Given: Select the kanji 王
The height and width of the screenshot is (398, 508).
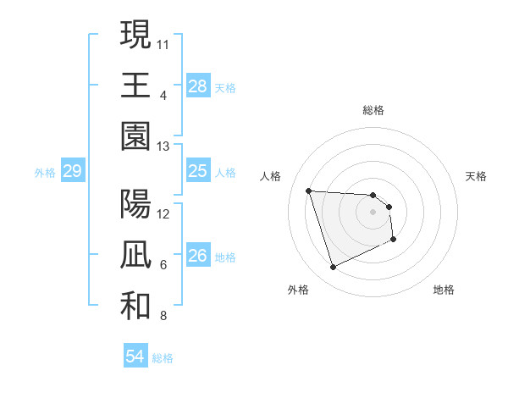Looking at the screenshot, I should pos(135,84).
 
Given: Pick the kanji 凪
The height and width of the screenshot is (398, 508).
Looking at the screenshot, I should pos(135,255).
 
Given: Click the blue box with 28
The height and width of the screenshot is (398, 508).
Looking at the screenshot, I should pos(198,86).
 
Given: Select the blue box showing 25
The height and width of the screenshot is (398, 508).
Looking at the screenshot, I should pos(198,171).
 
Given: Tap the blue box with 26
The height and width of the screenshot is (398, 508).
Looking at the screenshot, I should pos(198,256).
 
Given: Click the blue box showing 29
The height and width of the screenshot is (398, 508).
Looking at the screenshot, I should pos(72,172).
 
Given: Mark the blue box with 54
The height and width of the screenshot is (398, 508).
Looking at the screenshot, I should pos(135,357).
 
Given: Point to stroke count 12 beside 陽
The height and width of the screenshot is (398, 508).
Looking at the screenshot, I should pos(163,213).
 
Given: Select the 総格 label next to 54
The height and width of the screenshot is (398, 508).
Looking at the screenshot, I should pos(163,358).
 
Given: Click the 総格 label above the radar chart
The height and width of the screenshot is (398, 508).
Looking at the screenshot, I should pos(373,110).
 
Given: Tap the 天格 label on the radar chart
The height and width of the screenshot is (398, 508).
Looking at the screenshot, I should pos(476,176).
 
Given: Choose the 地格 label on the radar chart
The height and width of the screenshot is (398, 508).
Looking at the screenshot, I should pos(444,290).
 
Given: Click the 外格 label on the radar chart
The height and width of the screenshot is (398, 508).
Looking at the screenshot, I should pos(298,290).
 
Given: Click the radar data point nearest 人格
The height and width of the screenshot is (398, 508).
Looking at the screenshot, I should pos(309,191).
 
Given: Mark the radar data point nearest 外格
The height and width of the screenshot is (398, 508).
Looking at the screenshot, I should pos(333,268).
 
